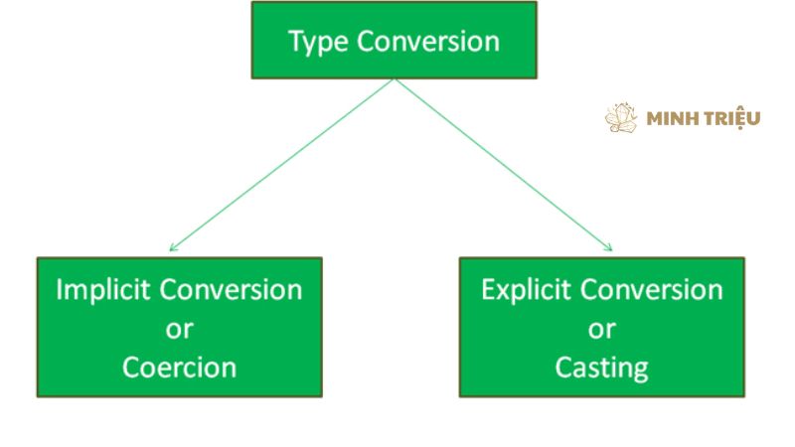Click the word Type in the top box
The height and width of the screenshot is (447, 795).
(x=318, y=42)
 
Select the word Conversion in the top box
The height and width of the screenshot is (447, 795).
(x=428, y=41)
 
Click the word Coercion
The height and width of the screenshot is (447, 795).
(x=180, y=367)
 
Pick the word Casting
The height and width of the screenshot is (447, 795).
(x=602, y=369)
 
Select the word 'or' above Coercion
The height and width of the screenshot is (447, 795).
(x=180, y=330)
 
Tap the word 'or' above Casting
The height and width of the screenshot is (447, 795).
(x=602, y=330)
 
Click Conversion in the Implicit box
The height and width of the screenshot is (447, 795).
(x=232, y=290)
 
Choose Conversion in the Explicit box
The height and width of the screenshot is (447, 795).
(x=652, y=290)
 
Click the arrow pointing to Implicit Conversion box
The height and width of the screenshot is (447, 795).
(x=281, y=165)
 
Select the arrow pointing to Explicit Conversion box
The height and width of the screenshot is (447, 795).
(x=504, y=165)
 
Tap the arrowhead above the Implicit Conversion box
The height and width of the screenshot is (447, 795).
(x=172, y=248)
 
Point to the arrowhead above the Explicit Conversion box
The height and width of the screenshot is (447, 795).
(x=609, y=247)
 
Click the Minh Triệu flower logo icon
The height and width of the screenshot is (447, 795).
(x=621, y=117)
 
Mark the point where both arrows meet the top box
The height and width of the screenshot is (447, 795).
(x=395, y=79)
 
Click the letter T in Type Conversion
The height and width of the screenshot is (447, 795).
(x=295, y=40)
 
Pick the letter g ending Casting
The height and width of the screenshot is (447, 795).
(x=642, y=371)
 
